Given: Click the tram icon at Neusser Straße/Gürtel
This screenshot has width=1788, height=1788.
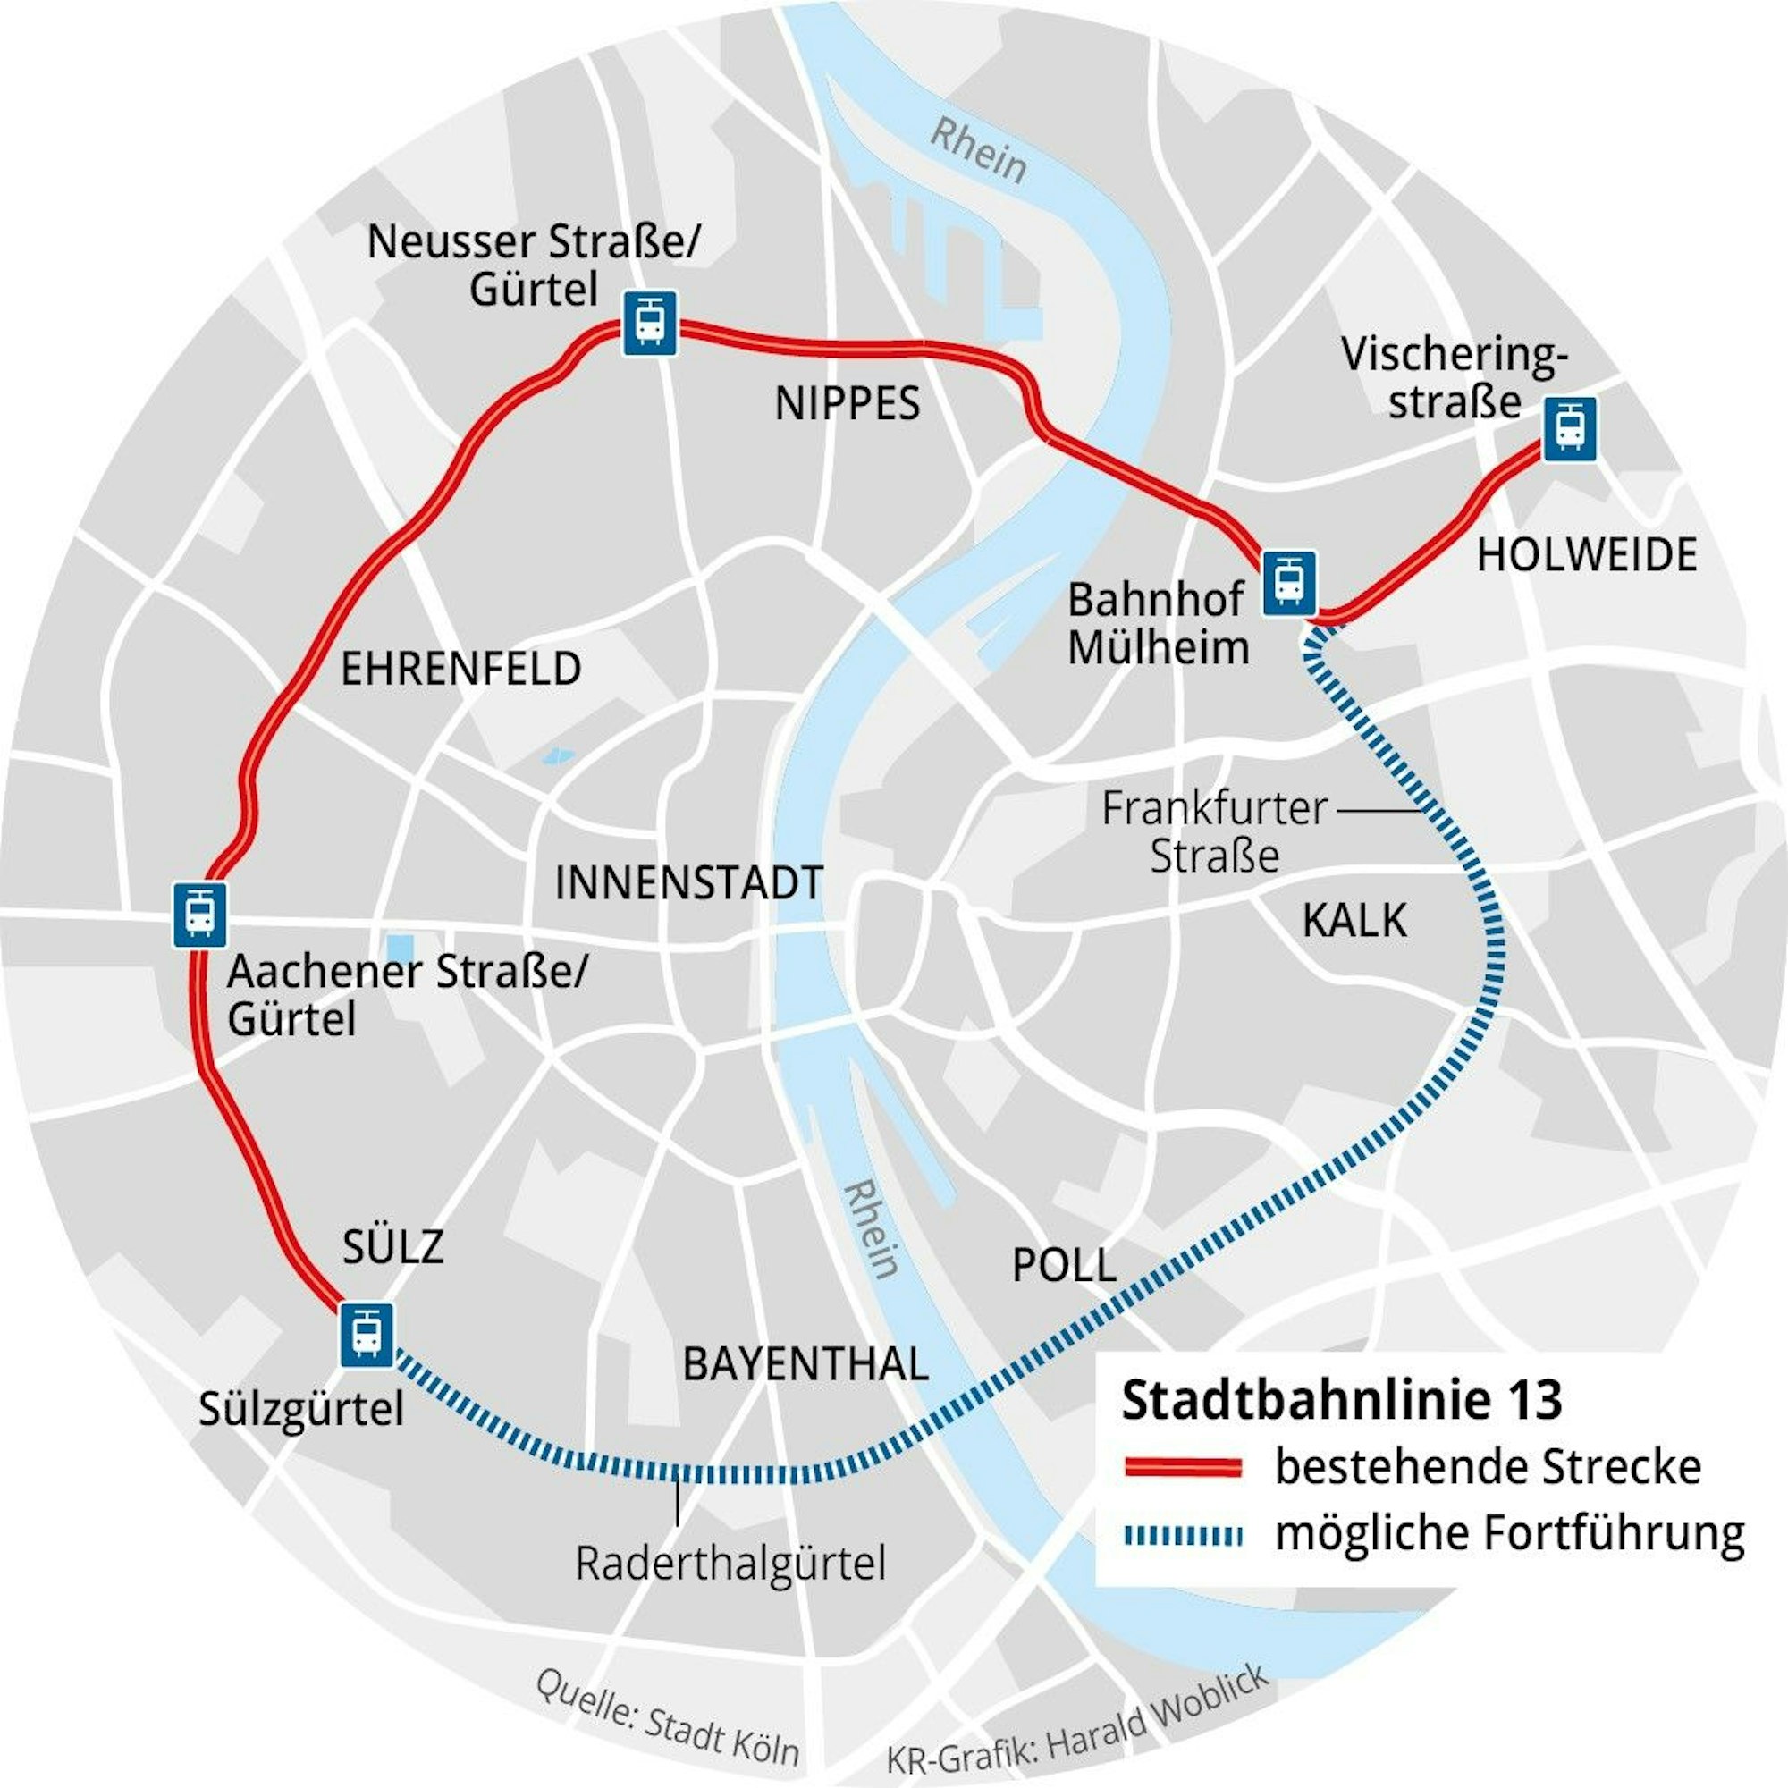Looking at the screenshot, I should (x=650, y=323).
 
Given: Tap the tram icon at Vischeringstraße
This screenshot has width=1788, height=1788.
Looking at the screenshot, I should (x=1570, y=429).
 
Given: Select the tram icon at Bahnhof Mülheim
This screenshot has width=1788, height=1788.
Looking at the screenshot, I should (x=1289, y=583).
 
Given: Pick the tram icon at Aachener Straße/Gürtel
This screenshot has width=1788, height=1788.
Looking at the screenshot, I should (x=200, y=915).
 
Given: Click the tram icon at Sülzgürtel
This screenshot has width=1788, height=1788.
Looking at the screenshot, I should (x=367, y=1335).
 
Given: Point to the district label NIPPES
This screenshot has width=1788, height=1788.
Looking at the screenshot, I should (x=847, y=404).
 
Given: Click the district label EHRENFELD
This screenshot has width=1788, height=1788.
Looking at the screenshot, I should (x=461, y=669).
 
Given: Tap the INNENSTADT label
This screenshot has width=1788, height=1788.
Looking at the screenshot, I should (x=688, y=883).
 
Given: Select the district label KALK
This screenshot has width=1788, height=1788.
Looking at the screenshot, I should (x=1354, y=921).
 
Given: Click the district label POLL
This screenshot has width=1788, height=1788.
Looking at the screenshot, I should (x=1064, y=1265).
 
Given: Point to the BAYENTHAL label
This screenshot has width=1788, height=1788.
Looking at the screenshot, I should (x=805, y=1364).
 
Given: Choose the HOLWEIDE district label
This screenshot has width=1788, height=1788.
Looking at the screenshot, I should (x=1586, y=555).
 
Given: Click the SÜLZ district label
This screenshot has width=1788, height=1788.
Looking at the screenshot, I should (x=393, y=1246).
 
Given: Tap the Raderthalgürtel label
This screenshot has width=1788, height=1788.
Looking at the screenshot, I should (x=730, y=1564).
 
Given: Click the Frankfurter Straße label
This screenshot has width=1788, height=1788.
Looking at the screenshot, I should (x=1214, y=832).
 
